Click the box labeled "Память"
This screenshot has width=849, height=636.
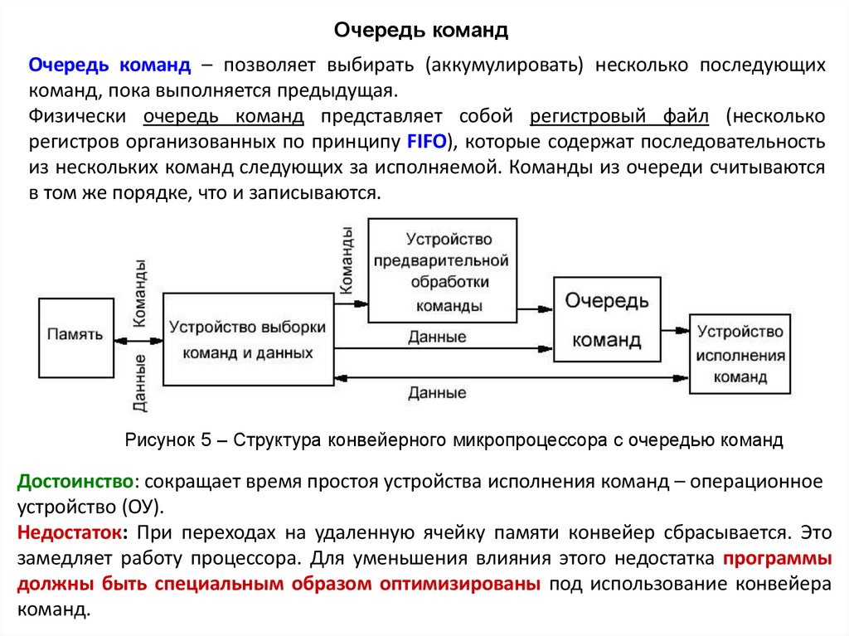pyautogui.click(x=75, y=335)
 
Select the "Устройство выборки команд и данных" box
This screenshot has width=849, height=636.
pyautogui.click(x=247, y=340)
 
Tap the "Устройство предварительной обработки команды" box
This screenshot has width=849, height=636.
pyautogui.click(x=443, y=271)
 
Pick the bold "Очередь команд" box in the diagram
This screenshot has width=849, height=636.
pyautogui.click(x=608, y=319)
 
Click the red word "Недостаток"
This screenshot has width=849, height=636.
pyautogui.click(x=72, y=532)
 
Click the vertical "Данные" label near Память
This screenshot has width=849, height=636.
pyautogui.click(x=140, y=383)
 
